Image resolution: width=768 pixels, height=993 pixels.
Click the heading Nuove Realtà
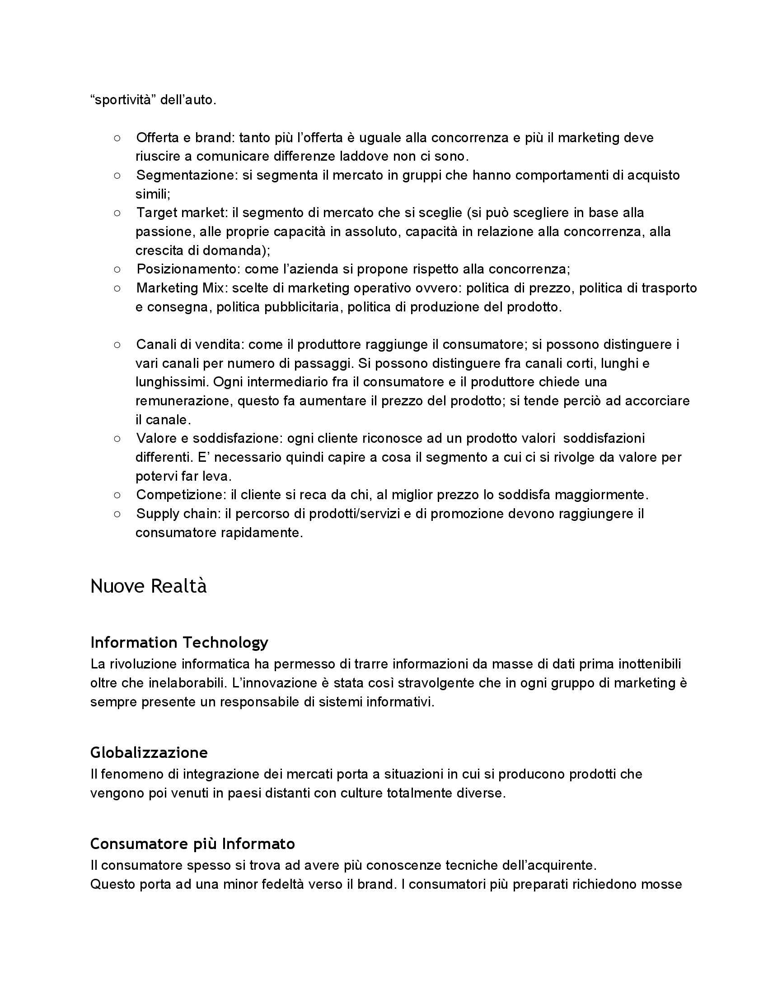(x=148, y=586)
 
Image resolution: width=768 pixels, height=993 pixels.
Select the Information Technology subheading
(x=179, y=642)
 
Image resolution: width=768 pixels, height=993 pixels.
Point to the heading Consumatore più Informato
(x=192, y=844)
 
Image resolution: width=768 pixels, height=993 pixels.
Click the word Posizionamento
(x=187, y=269)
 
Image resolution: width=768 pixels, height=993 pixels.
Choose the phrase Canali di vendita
(x=188, y=345)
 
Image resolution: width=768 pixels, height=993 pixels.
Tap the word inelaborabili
(x=183, y=683)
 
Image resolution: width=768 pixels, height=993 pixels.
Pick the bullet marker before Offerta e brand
(x=117, y=138)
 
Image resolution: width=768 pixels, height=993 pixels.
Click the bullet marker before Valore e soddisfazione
(x=117, y=438)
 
